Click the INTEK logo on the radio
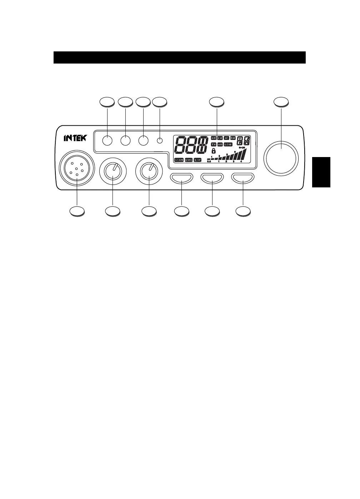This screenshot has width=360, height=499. [x=75, y=138]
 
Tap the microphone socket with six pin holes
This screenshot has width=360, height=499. [x=77, y=168]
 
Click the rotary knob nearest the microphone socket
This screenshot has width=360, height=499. [x=113, y=171]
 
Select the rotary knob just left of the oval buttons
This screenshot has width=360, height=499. [x=149, y=171]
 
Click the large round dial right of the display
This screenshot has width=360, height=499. [x=281, y=157]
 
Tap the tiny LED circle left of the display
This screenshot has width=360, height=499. [x=160, y=141]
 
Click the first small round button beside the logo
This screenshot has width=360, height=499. [x=107, y=141]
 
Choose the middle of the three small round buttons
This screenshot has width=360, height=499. [x=125, y=141]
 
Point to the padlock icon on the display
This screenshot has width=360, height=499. [x=213, y=151]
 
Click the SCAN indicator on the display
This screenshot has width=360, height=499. [x=179, y=160]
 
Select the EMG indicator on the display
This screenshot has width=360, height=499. [x=189, y=160]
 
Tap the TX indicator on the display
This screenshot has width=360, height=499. [x=213, y=145]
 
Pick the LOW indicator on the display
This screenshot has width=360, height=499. [x=228, y=145]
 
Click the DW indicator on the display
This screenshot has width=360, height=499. [x=232, y=138]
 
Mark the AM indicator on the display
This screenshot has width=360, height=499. [x=220, y=145]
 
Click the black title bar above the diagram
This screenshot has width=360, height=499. [x=179, y=57]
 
